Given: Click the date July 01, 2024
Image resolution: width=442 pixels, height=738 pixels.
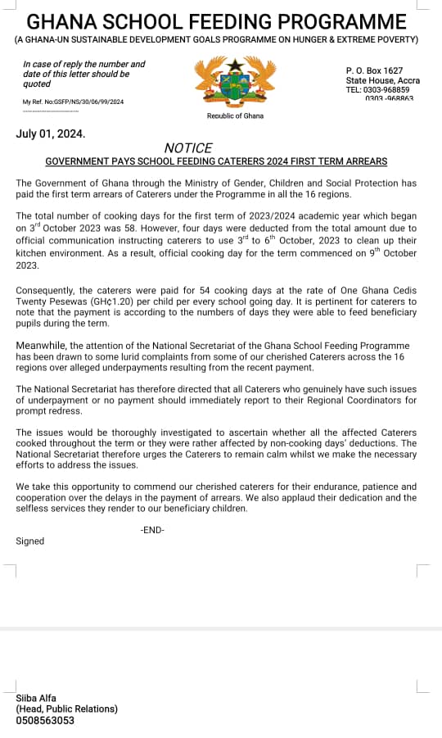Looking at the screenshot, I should (x=50, y=133).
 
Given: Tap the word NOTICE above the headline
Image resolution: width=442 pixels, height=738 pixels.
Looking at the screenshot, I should (x=188, y=148).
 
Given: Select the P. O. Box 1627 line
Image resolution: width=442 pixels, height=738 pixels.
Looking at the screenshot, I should (x=374, y=71).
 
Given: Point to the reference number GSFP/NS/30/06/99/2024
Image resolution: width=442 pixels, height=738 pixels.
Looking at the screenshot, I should (x=87, y=102).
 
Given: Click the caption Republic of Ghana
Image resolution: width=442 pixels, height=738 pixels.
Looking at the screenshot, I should (x=235, y=116).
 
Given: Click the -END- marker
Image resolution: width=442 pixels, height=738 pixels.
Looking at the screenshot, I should (x=152, y=530).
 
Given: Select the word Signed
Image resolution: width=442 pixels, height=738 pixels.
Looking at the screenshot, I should (x=30, y=541).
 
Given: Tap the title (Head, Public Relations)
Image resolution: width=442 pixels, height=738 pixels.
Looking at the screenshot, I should (x=67, y=709).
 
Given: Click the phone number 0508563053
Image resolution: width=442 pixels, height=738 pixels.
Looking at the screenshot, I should (x=45, y=721).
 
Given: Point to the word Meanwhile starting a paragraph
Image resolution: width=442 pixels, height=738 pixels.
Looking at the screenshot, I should (x=44, y=346).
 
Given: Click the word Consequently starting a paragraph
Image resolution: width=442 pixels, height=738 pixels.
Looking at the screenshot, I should (x=47, y=291).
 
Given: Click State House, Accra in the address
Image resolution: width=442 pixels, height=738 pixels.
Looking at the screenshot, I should (x=382, y=80).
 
